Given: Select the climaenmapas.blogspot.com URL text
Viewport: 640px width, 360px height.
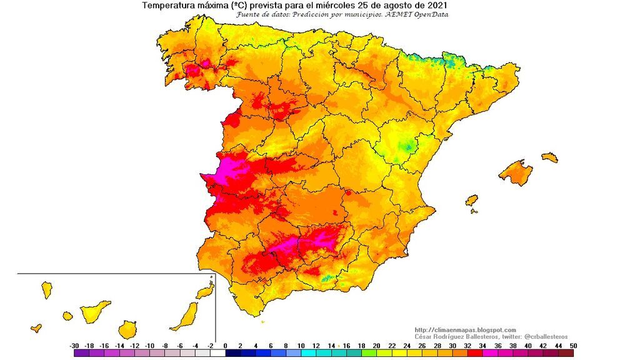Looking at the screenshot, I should (465, 330).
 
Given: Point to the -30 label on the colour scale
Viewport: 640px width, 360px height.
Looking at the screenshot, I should (74, 346).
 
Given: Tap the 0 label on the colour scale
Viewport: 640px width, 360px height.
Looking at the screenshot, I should (225, 346).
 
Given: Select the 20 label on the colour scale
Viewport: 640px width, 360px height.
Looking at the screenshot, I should (376, 346).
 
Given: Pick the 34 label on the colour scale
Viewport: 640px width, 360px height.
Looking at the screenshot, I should (482, 346).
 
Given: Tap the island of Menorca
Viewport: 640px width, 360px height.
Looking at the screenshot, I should (549, 157).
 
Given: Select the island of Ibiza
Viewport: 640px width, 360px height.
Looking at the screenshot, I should (472, 200).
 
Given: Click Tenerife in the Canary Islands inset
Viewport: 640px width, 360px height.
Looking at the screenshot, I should (94, 311).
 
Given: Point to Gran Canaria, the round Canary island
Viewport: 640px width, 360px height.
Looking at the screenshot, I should (127, 329).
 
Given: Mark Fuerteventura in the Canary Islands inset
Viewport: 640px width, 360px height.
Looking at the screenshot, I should (186, 316).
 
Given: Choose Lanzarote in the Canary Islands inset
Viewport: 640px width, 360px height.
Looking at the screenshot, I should (204, 291).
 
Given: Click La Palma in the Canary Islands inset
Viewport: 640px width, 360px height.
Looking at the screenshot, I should (46, 290).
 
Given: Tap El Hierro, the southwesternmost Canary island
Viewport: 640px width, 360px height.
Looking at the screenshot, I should (36, 327).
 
